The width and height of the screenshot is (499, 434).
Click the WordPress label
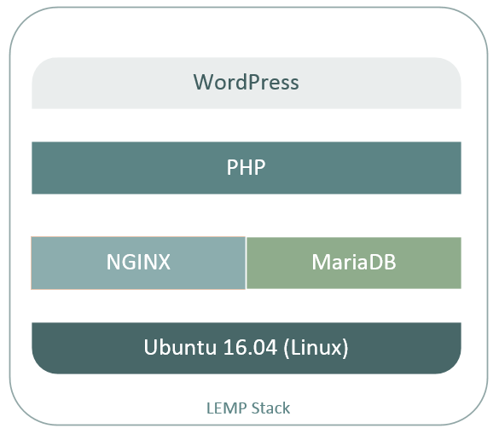[x=246, y=82]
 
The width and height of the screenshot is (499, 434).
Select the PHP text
[x=246, y=167]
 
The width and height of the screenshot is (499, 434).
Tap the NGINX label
[x=138, y=262]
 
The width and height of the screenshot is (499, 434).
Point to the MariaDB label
[x=354, y=262]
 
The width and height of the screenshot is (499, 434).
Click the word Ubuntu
[x=180, y=347]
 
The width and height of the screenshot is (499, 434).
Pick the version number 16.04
[x=250, y=347]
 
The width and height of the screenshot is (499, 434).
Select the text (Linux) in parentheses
[x=316, y=348]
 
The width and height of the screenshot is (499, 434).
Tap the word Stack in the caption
[x=270, y=408]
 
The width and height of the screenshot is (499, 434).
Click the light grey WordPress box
[x=247, y=84]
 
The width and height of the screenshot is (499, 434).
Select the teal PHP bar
[x=247, y=168]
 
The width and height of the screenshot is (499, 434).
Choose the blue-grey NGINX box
[x=138, y=263]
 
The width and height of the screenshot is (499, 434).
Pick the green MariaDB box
[x=354, y=263]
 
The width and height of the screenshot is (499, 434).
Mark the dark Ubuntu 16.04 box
[x=247, y=348]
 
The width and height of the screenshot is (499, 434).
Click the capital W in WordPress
[x=203, y=82]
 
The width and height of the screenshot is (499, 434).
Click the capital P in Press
[x=252, y=82]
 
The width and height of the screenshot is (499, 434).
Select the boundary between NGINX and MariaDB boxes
[x=246, y=263]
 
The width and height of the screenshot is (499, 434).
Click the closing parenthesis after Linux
[x=345, y=348]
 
